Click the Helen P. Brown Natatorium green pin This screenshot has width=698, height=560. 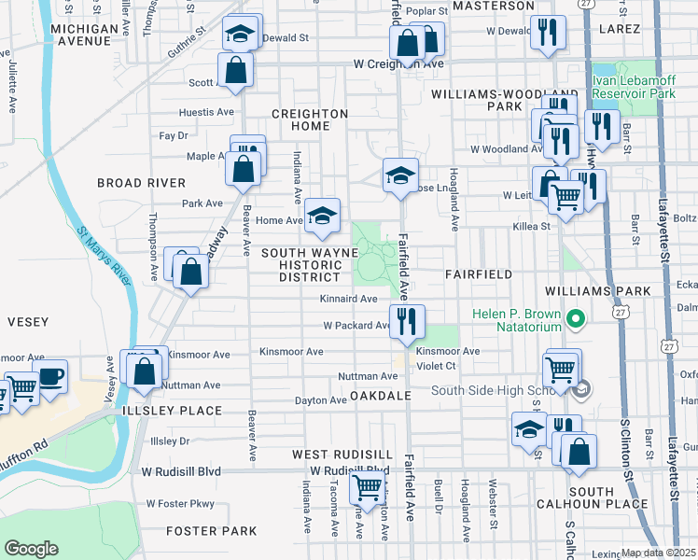point(575,321)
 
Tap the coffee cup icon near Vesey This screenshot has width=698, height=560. point(51,377)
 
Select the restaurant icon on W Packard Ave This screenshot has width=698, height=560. point(407,322)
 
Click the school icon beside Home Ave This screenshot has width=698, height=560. point(322,216)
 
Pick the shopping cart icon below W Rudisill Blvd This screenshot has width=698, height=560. point(368,487)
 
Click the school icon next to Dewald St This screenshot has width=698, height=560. point(240,36)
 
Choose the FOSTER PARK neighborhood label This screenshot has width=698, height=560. point(211,531)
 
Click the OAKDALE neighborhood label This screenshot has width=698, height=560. point(381,397)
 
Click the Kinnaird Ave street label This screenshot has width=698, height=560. point(348,300)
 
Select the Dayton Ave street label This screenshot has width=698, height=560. point(321,400)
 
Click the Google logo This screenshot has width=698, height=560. point(32,549)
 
